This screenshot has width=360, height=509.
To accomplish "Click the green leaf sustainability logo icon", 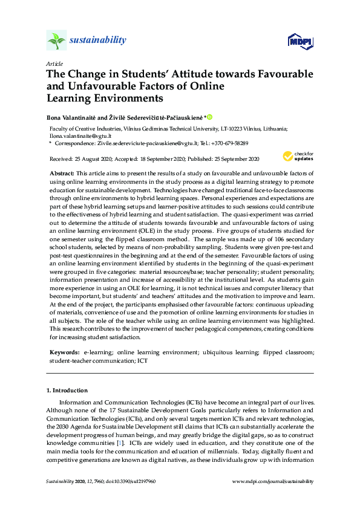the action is pos(56,41).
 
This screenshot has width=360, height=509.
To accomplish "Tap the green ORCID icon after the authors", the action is pos(211,117).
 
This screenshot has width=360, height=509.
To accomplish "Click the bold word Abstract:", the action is pos(62,173).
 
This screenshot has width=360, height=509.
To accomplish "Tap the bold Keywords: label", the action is pos(64,351).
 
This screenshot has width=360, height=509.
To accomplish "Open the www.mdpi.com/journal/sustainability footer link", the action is pos(273,481).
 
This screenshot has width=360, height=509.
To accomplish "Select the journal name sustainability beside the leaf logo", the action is pos(99,41).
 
